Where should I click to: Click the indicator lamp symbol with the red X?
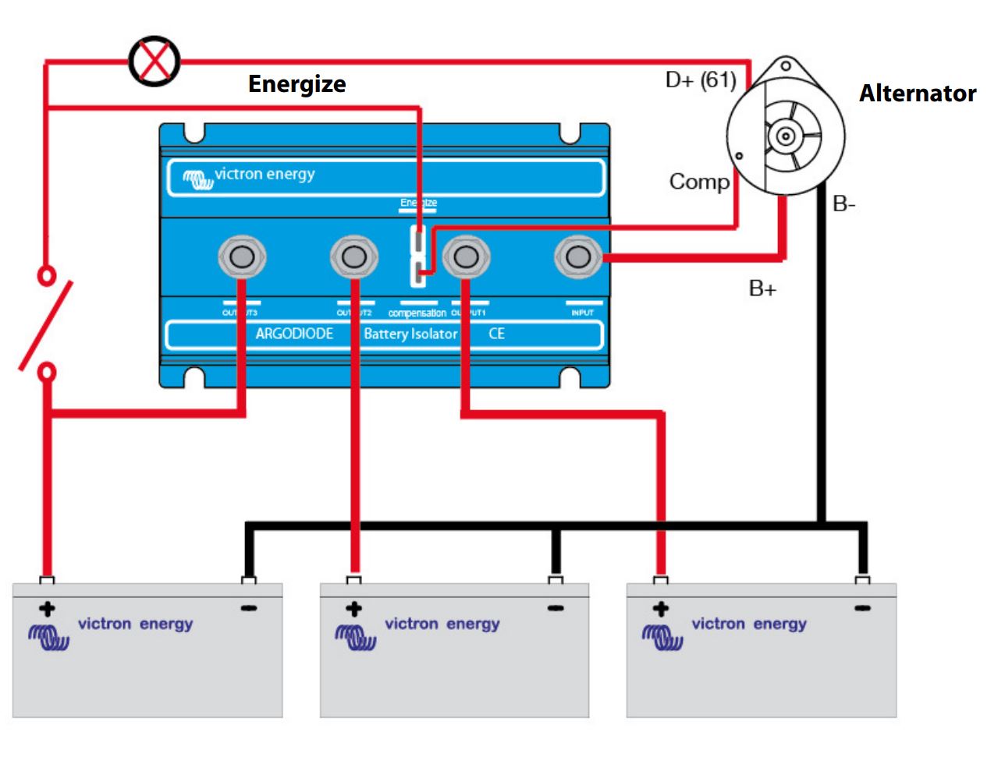154,61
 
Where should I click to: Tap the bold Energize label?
297,83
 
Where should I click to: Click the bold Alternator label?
917,94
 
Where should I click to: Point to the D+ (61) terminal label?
700,80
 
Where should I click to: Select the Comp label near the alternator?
699,182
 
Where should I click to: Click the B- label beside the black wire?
844,204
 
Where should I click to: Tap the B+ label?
762,288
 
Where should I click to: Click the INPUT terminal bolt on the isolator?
578,256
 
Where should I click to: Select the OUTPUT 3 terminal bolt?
242,256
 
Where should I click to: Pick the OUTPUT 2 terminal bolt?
354,256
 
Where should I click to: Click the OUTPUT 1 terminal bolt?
466,256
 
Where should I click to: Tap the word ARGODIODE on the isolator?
294,334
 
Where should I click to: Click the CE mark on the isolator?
496,334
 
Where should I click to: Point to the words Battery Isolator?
410,334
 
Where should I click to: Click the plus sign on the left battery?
47,609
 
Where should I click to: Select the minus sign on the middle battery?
556,608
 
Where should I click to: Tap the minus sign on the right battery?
862,608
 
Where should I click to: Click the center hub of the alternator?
786,136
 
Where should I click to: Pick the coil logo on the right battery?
662,637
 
